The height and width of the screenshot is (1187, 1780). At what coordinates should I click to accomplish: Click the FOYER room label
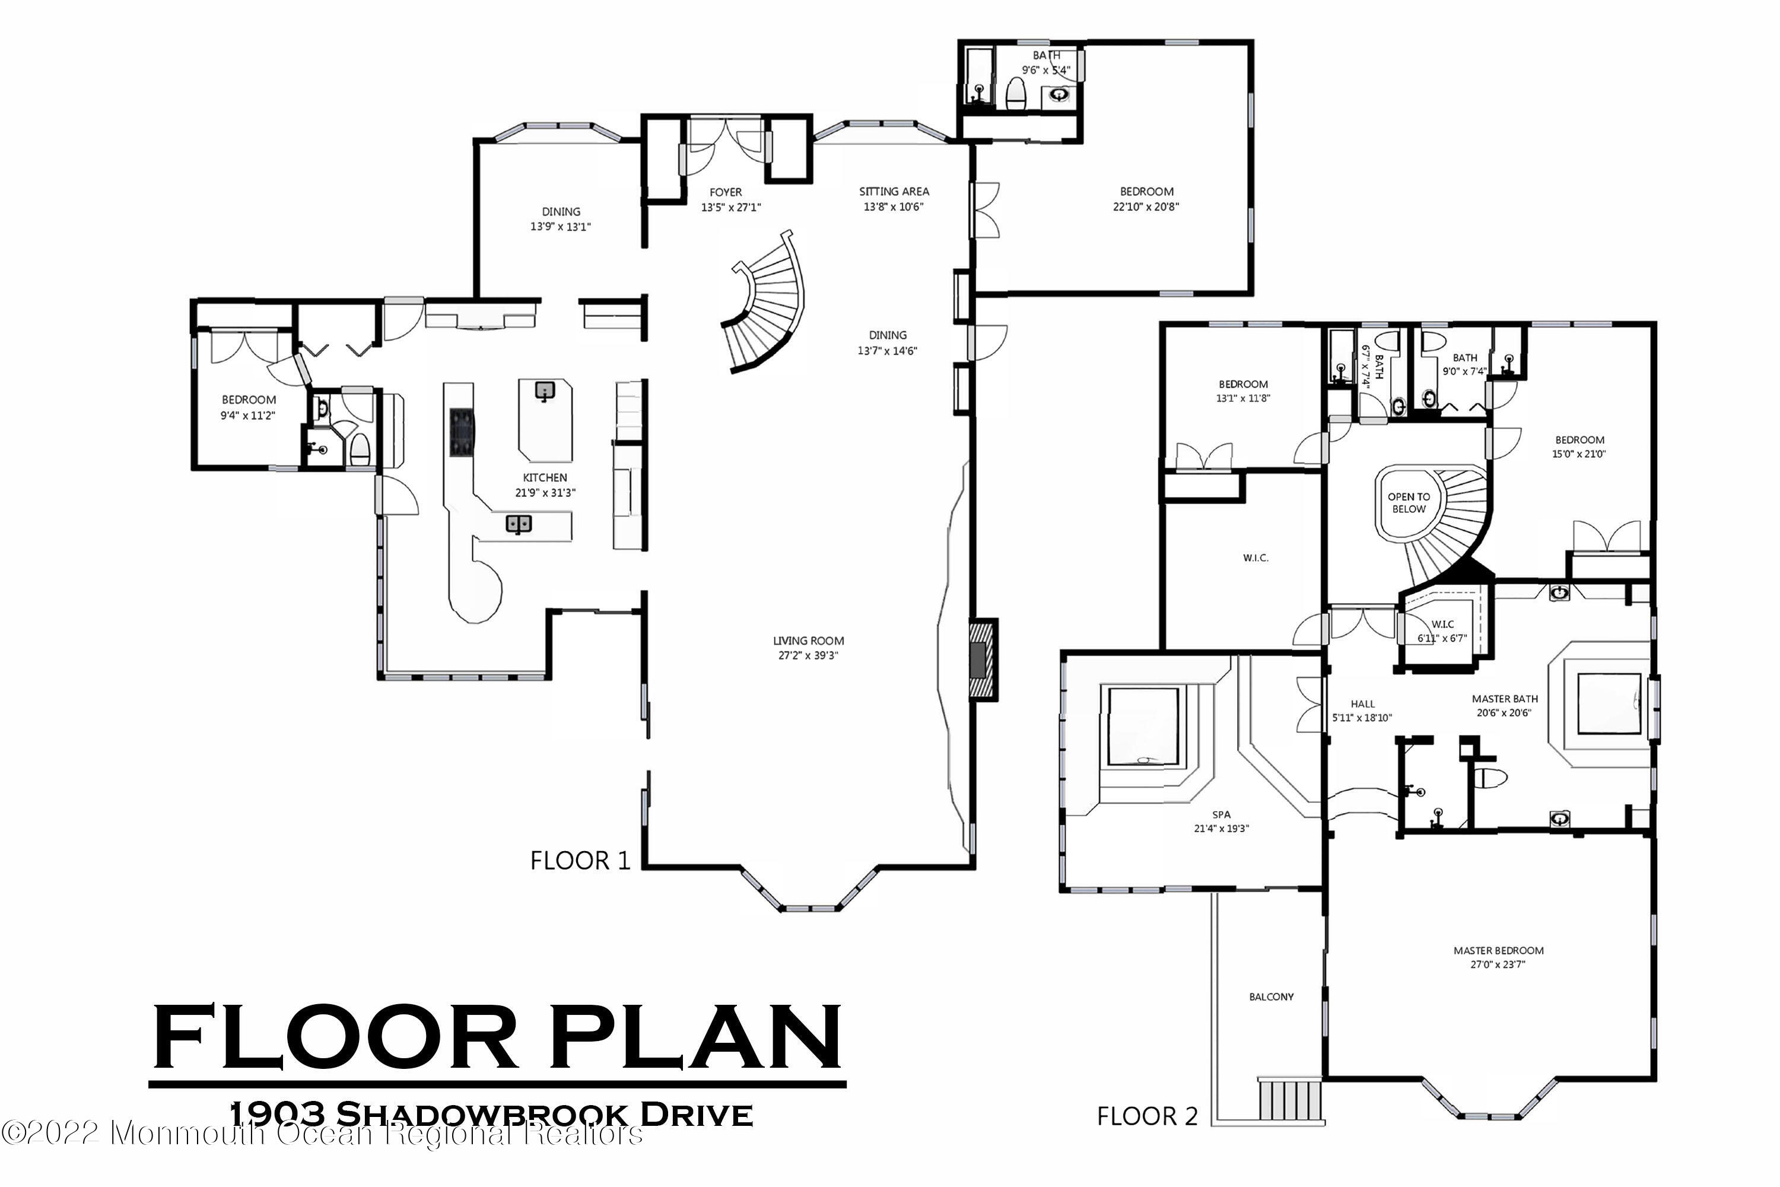(x=725, y=192)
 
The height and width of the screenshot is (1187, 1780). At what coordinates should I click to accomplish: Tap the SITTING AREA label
(x=893, y=192)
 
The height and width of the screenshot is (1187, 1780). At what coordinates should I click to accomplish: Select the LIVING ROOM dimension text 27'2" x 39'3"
(x=808, y=656)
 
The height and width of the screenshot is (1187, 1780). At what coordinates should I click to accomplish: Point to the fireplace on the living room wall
(x=983, y=659)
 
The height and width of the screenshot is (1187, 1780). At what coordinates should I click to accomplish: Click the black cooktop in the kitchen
(x=462, y=432)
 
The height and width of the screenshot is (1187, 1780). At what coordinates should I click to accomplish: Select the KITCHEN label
(x=544, y=478)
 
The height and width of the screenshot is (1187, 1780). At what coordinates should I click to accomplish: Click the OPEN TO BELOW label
(x=1409, y=503)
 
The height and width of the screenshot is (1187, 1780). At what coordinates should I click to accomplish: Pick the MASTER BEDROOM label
(x=1498, y=951)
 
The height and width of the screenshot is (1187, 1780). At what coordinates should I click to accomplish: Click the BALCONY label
(x=1271, y=997)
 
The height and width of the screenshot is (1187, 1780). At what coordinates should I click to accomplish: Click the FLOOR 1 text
(x=580, y=861)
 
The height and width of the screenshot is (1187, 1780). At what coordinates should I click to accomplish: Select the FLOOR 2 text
(x=1148, y=1116)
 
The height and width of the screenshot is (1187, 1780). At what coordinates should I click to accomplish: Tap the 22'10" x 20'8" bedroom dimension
(x=1146, y=207)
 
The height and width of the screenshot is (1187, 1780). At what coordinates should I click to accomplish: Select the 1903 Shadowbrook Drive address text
(x=491, y=1115)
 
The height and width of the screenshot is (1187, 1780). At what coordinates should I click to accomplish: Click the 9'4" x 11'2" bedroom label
(x=247, y=415)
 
